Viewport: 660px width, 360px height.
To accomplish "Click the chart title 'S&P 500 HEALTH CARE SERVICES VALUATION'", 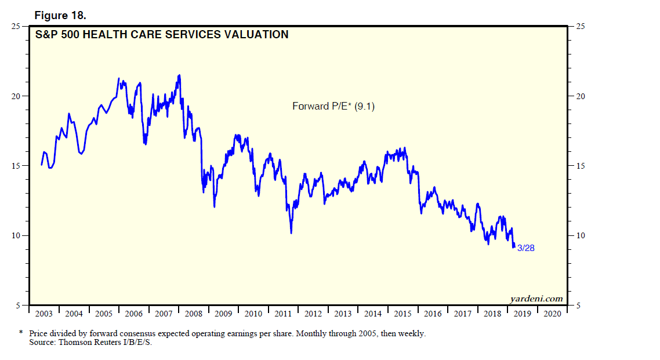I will [x=161, y=35].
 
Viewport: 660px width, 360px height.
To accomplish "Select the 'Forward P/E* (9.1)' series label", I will [x=333, y=106].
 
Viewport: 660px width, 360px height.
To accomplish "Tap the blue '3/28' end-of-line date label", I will [x=525, y=248].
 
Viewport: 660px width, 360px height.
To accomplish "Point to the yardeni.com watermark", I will [x=536, y=299].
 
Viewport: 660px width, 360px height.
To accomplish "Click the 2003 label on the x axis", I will [x=43, y=314].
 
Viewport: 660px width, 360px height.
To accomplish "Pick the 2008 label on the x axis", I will [x=193, y=314].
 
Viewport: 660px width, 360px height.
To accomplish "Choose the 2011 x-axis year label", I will [x=283, y=314].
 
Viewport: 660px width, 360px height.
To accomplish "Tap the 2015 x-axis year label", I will [x=402, y=314].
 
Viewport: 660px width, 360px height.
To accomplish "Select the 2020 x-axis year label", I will [x=552, y=314].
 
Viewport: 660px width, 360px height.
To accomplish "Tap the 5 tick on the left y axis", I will [x=19, y=306].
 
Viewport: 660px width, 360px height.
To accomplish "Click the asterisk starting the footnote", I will [x=21, y=334].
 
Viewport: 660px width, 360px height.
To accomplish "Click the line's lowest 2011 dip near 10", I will [x=291, y=233].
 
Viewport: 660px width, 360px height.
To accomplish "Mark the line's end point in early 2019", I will [x=514, y=247].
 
